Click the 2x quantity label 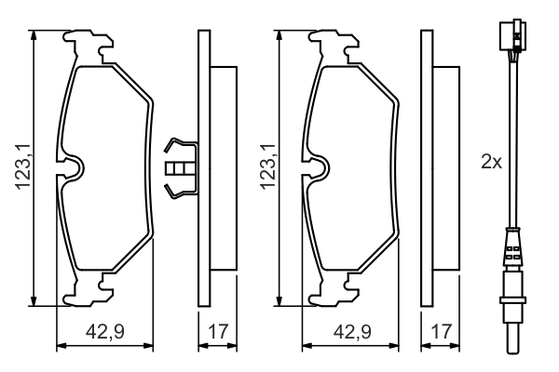[491, 162]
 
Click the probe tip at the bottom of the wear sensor [511, 339]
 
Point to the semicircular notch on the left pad [72, 167]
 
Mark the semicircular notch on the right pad [320, 167]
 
